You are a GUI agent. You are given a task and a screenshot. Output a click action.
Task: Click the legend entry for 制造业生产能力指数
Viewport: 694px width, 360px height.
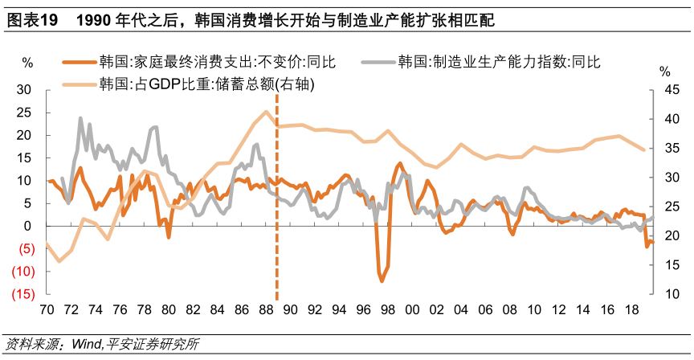coord(499,62)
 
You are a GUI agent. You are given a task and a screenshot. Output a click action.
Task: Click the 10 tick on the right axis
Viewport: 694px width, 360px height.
coord(664,295)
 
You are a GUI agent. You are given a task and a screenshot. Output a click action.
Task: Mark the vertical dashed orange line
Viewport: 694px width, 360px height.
coord(276,201)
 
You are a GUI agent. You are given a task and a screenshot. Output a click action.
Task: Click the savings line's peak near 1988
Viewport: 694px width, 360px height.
coord(266,112)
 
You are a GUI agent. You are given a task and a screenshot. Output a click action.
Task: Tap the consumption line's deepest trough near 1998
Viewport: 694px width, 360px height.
coord(381,280)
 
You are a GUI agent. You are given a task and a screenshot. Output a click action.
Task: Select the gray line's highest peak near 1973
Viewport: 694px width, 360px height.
coord(80,118)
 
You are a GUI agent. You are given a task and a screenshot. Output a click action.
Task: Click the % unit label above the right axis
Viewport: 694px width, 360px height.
coord(664,72)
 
